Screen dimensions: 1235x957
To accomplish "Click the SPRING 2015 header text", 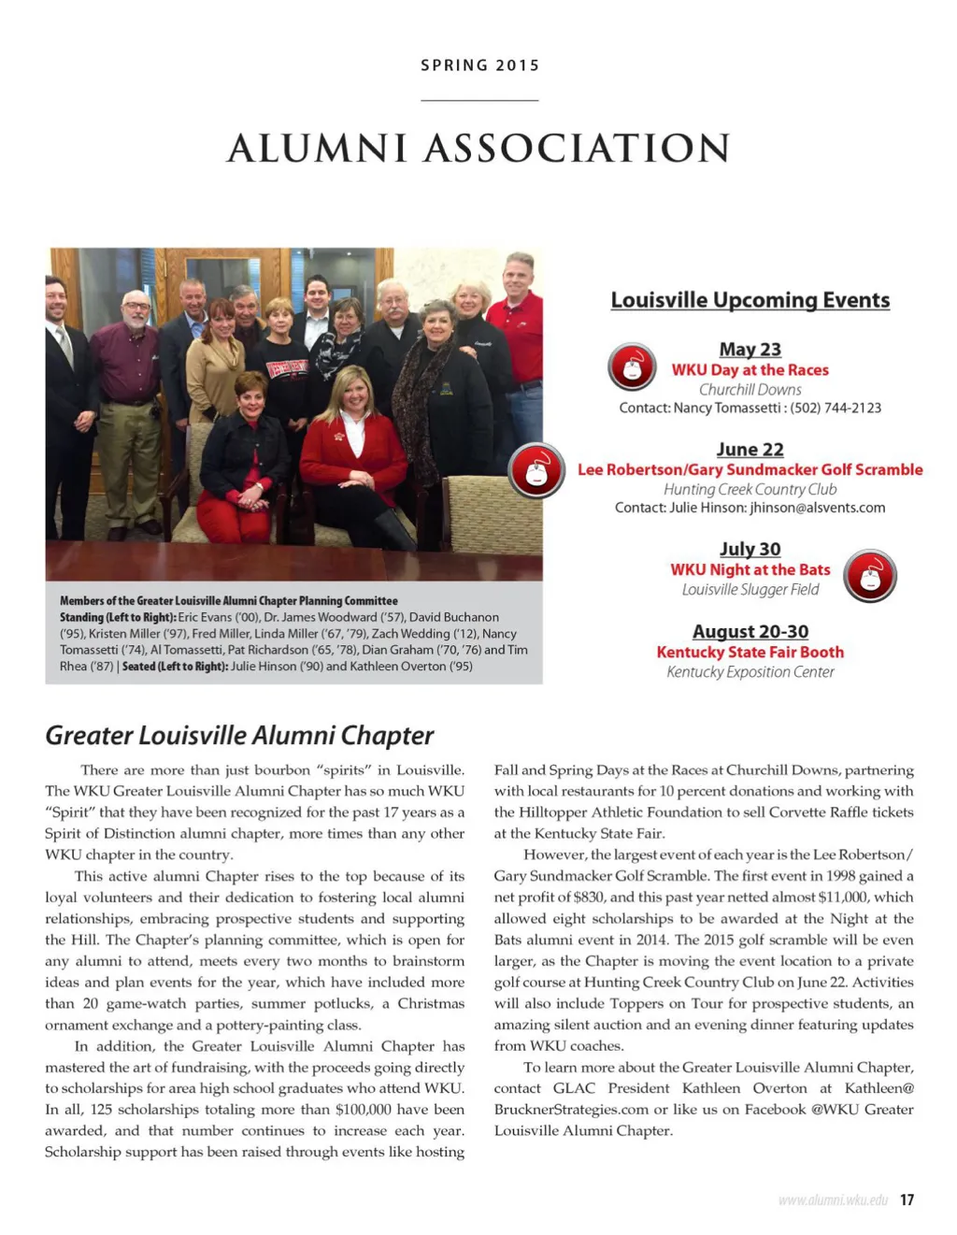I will pyautogui.click(x=479, y=65).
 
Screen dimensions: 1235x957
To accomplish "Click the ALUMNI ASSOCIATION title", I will pyautogui.click(x=478, y=149).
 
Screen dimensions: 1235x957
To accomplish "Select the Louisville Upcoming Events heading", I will pyautogui.click(x=750, y=300).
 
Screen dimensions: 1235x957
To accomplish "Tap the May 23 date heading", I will pyautogui.click(x=750, y=350).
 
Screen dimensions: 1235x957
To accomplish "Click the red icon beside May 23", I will pyautogui.click(x=632, y=367).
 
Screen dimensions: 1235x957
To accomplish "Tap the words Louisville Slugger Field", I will pyautogui.click(x=750, y=590).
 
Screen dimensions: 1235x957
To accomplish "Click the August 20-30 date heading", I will pyautogui.click(x=750, y=632).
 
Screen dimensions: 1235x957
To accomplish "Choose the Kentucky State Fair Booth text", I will pyautogui.click(x=750, y=653).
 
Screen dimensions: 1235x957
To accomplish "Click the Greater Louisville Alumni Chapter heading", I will pyautogui.click(x=239, y=736).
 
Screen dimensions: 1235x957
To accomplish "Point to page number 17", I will pyautogui.click(x=907, y=1199).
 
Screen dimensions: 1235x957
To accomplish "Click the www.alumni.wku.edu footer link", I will pyautogui.click(x=833, y=1199).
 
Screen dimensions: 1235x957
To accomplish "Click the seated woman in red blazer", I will pyautogui.click(x=352, y=444).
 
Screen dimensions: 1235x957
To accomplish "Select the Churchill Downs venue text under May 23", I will pyautogui.click(x=750, y=390).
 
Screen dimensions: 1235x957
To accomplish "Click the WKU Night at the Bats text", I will pyautogui.click(x=750, y=570).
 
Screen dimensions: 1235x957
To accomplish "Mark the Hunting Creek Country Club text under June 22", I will pyautogui.click(x=750, y=490).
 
